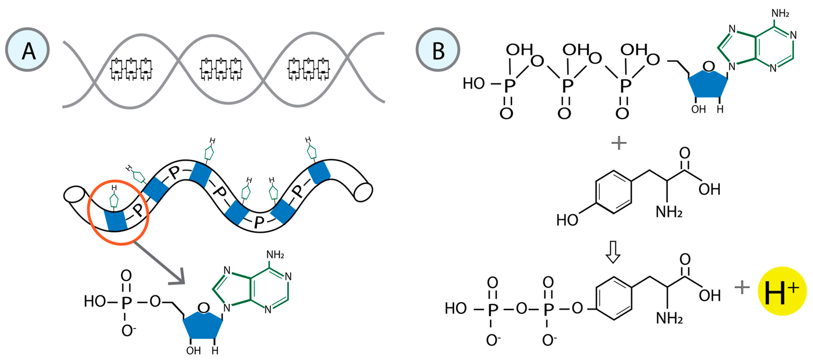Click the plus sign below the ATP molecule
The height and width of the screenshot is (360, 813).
pyautogui.click(x=619, y=143)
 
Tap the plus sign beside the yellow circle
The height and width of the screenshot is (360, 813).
pyautogui.click(x=742, y=287)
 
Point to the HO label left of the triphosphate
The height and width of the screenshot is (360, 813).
pyautogui.click(x=473, y=84)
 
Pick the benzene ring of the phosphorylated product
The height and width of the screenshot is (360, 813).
pyautogui.click(x=614, y=298)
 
